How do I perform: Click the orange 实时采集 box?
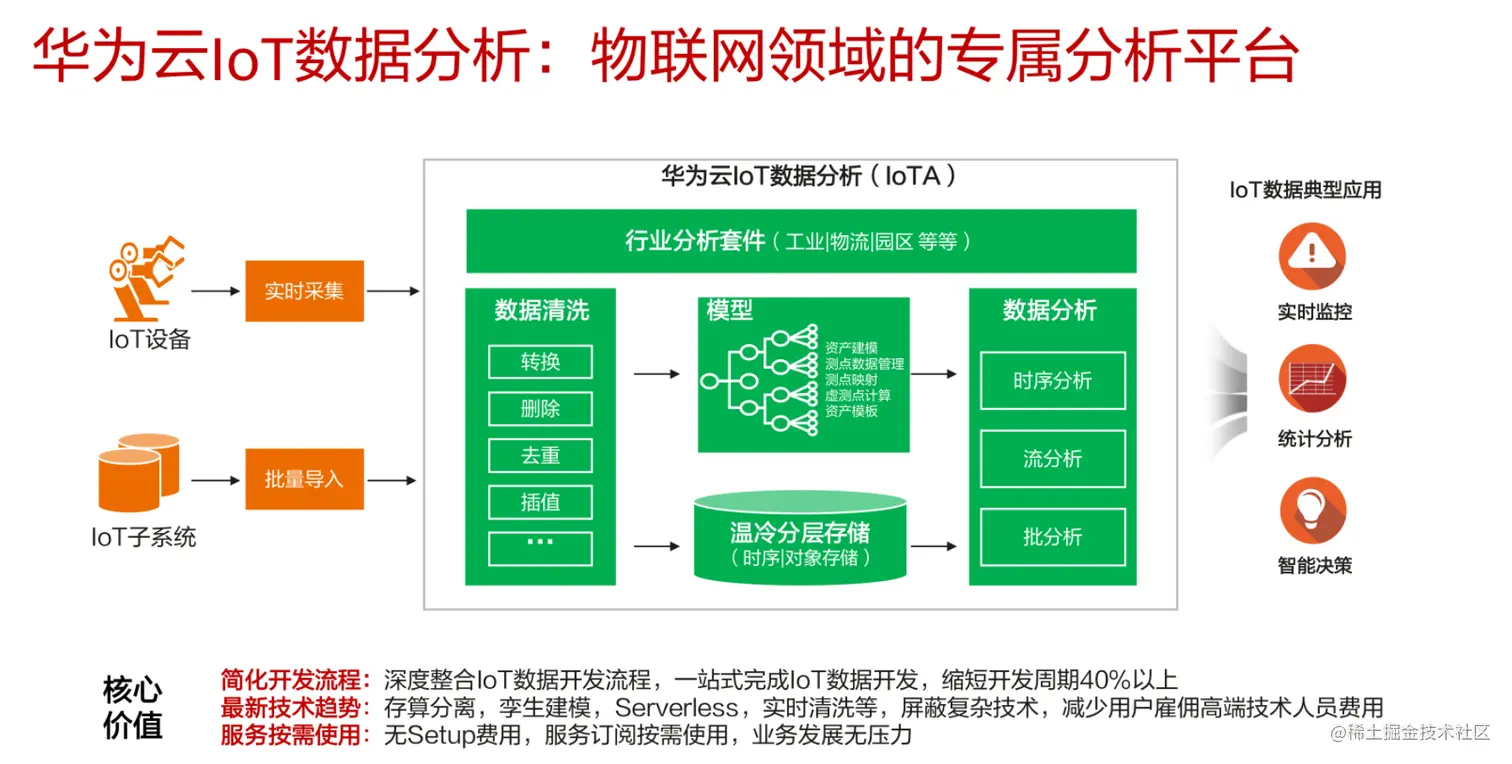coord(304,291)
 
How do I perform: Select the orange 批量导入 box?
coord(304,479)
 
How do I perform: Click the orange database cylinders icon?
coord(138,472)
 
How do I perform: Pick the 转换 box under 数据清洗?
coord(540,362)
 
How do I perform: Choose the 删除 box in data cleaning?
coord(540,409)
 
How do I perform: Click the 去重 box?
coord(540,456)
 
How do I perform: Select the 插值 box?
coord(540,502)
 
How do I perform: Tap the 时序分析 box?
coord(1052,381)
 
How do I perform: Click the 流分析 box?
coord(1052,459)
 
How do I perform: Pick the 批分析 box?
coord(1052,537)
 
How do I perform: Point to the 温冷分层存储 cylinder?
coord(800,540)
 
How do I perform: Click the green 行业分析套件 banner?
coord(800,241)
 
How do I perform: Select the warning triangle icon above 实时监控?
coord(1312,257)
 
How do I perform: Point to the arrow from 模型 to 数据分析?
coord(933,374)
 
